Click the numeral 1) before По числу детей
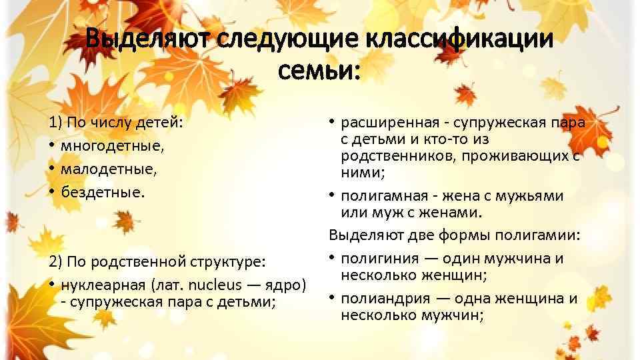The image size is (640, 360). click(x=55, y=123)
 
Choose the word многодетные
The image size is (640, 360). click(x=103, y=146)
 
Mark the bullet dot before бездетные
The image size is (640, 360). click(x=51, y=192)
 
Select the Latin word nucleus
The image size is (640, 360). click(x=215, y=285)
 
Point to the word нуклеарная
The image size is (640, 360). click(x=103, y=285)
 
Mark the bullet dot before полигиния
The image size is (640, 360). click(x=331, y=258)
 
